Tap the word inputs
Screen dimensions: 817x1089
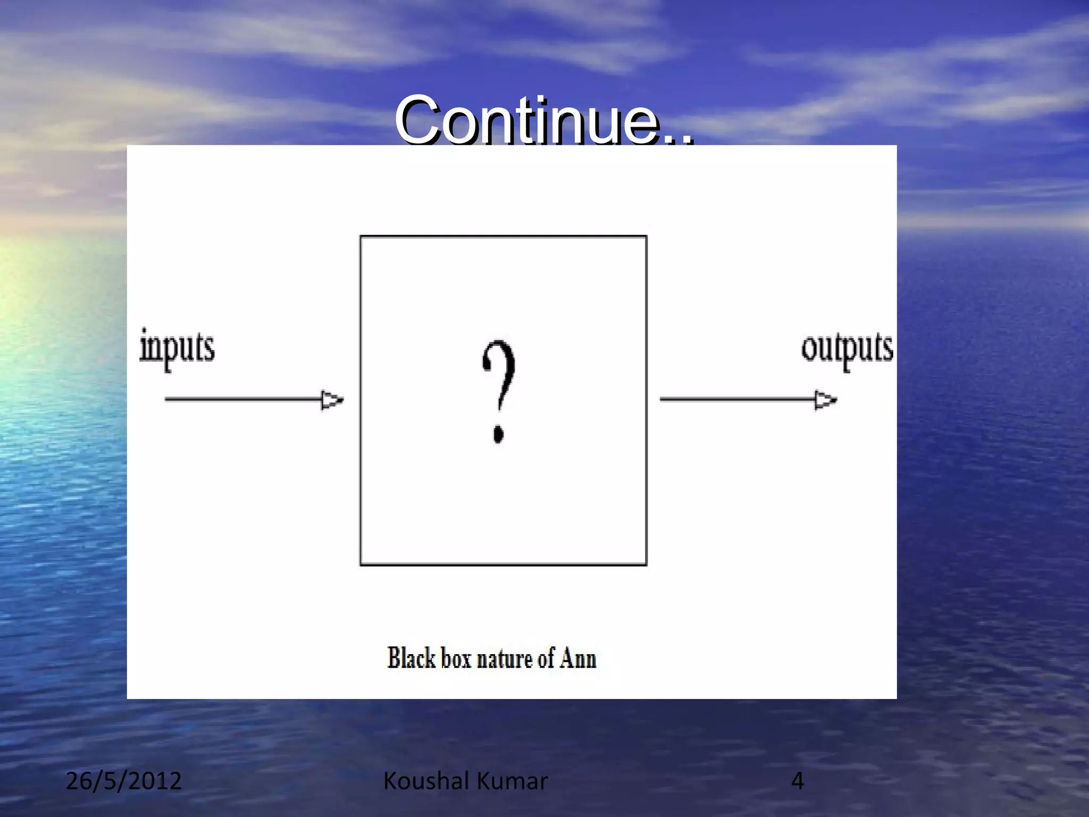[177, 348]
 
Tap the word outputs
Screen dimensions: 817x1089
[847, 348]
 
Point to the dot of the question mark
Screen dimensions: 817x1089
[498, 433]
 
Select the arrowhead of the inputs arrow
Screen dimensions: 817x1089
[332, 400]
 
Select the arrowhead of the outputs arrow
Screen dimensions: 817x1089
[826, 400]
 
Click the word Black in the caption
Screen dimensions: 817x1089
[411, 658]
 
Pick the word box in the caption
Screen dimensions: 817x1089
[456, 659]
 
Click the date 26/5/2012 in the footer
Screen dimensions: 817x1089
[123, 781]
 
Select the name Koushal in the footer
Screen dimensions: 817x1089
[426, 781]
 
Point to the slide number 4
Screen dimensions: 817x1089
[797, 781]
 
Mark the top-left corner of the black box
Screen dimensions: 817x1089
[361, 237]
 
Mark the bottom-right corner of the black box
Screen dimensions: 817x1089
[646, 564]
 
